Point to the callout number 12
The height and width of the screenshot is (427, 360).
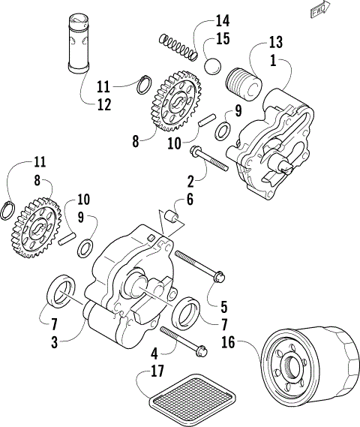click(x=103, y=104)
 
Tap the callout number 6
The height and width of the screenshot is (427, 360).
click(x=189, y=201)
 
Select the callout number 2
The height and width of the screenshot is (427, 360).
click(x=190, y=180)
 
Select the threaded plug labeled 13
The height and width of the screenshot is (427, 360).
click(x=245, y=79)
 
